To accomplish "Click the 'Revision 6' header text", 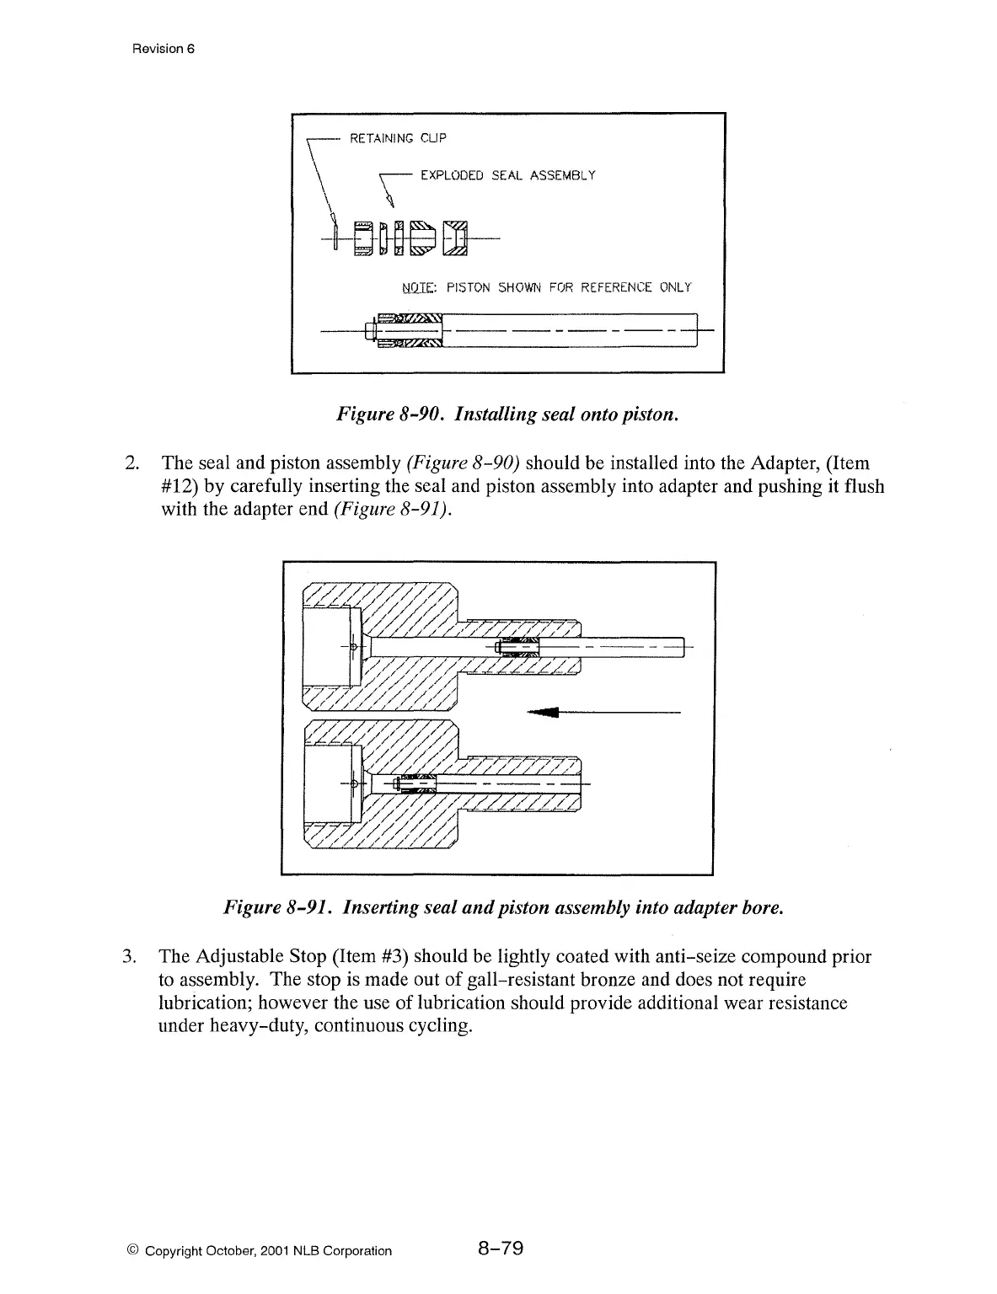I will pos(163,48).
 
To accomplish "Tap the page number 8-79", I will pos(500,1249).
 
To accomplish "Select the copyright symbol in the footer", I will pos(136,1251).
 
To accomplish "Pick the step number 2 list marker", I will pos(130,463).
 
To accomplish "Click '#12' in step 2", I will pos(177,486).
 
